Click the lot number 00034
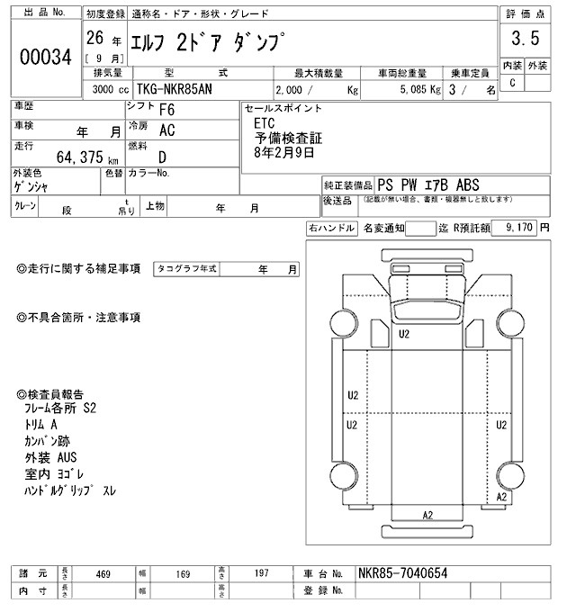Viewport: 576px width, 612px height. [46, 57]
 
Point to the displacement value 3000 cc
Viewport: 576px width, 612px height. [109, 91]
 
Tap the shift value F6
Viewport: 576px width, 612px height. [166, 110]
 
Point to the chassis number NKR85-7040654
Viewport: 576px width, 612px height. [400, 573]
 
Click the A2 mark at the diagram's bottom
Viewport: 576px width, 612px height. [428, 514]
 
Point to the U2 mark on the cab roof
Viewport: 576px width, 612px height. [404, 334]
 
